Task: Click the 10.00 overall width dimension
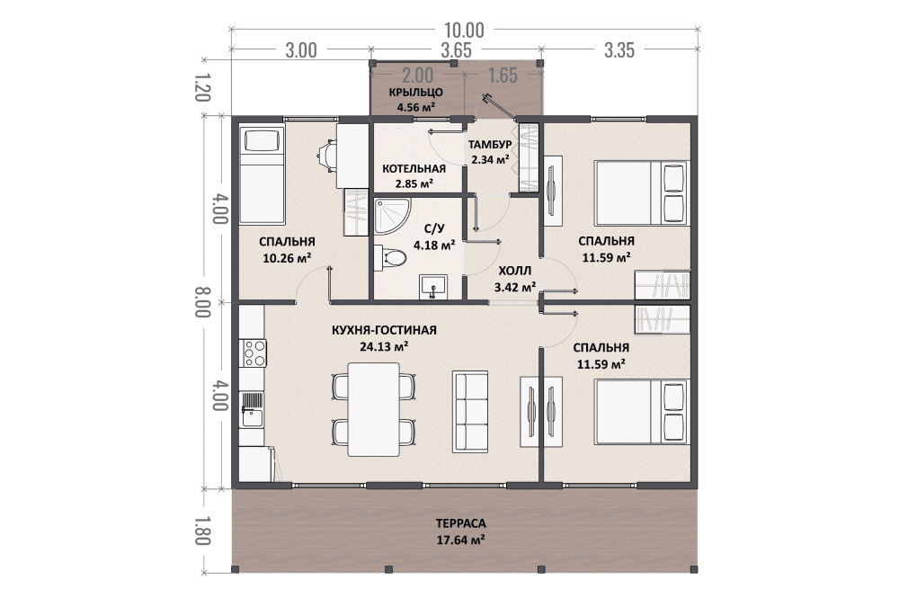[x=464, y=30]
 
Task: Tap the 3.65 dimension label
[x=456, y=49]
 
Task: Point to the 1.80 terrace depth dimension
[x=202, y=531]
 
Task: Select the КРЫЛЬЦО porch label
[x=415, y=93]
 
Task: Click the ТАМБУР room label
[x=490, y=145]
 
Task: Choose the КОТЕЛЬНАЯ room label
[x=414, y=169]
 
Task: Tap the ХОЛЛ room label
[x=515, y=272]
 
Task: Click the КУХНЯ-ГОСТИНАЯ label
[x=384, y=330]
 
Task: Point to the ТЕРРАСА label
[x=460, y=523]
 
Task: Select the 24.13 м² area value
[x=384, y=346]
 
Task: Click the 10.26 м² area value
[x=287, y=258]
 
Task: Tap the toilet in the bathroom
[x=390, y=258]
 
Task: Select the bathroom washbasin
[x=433, y=287]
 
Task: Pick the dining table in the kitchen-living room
[x=374, y=409]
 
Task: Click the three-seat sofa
[x=470, y=412]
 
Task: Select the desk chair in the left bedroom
[x=327, y=156]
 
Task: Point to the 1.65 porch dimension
[x=503, y=76]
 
